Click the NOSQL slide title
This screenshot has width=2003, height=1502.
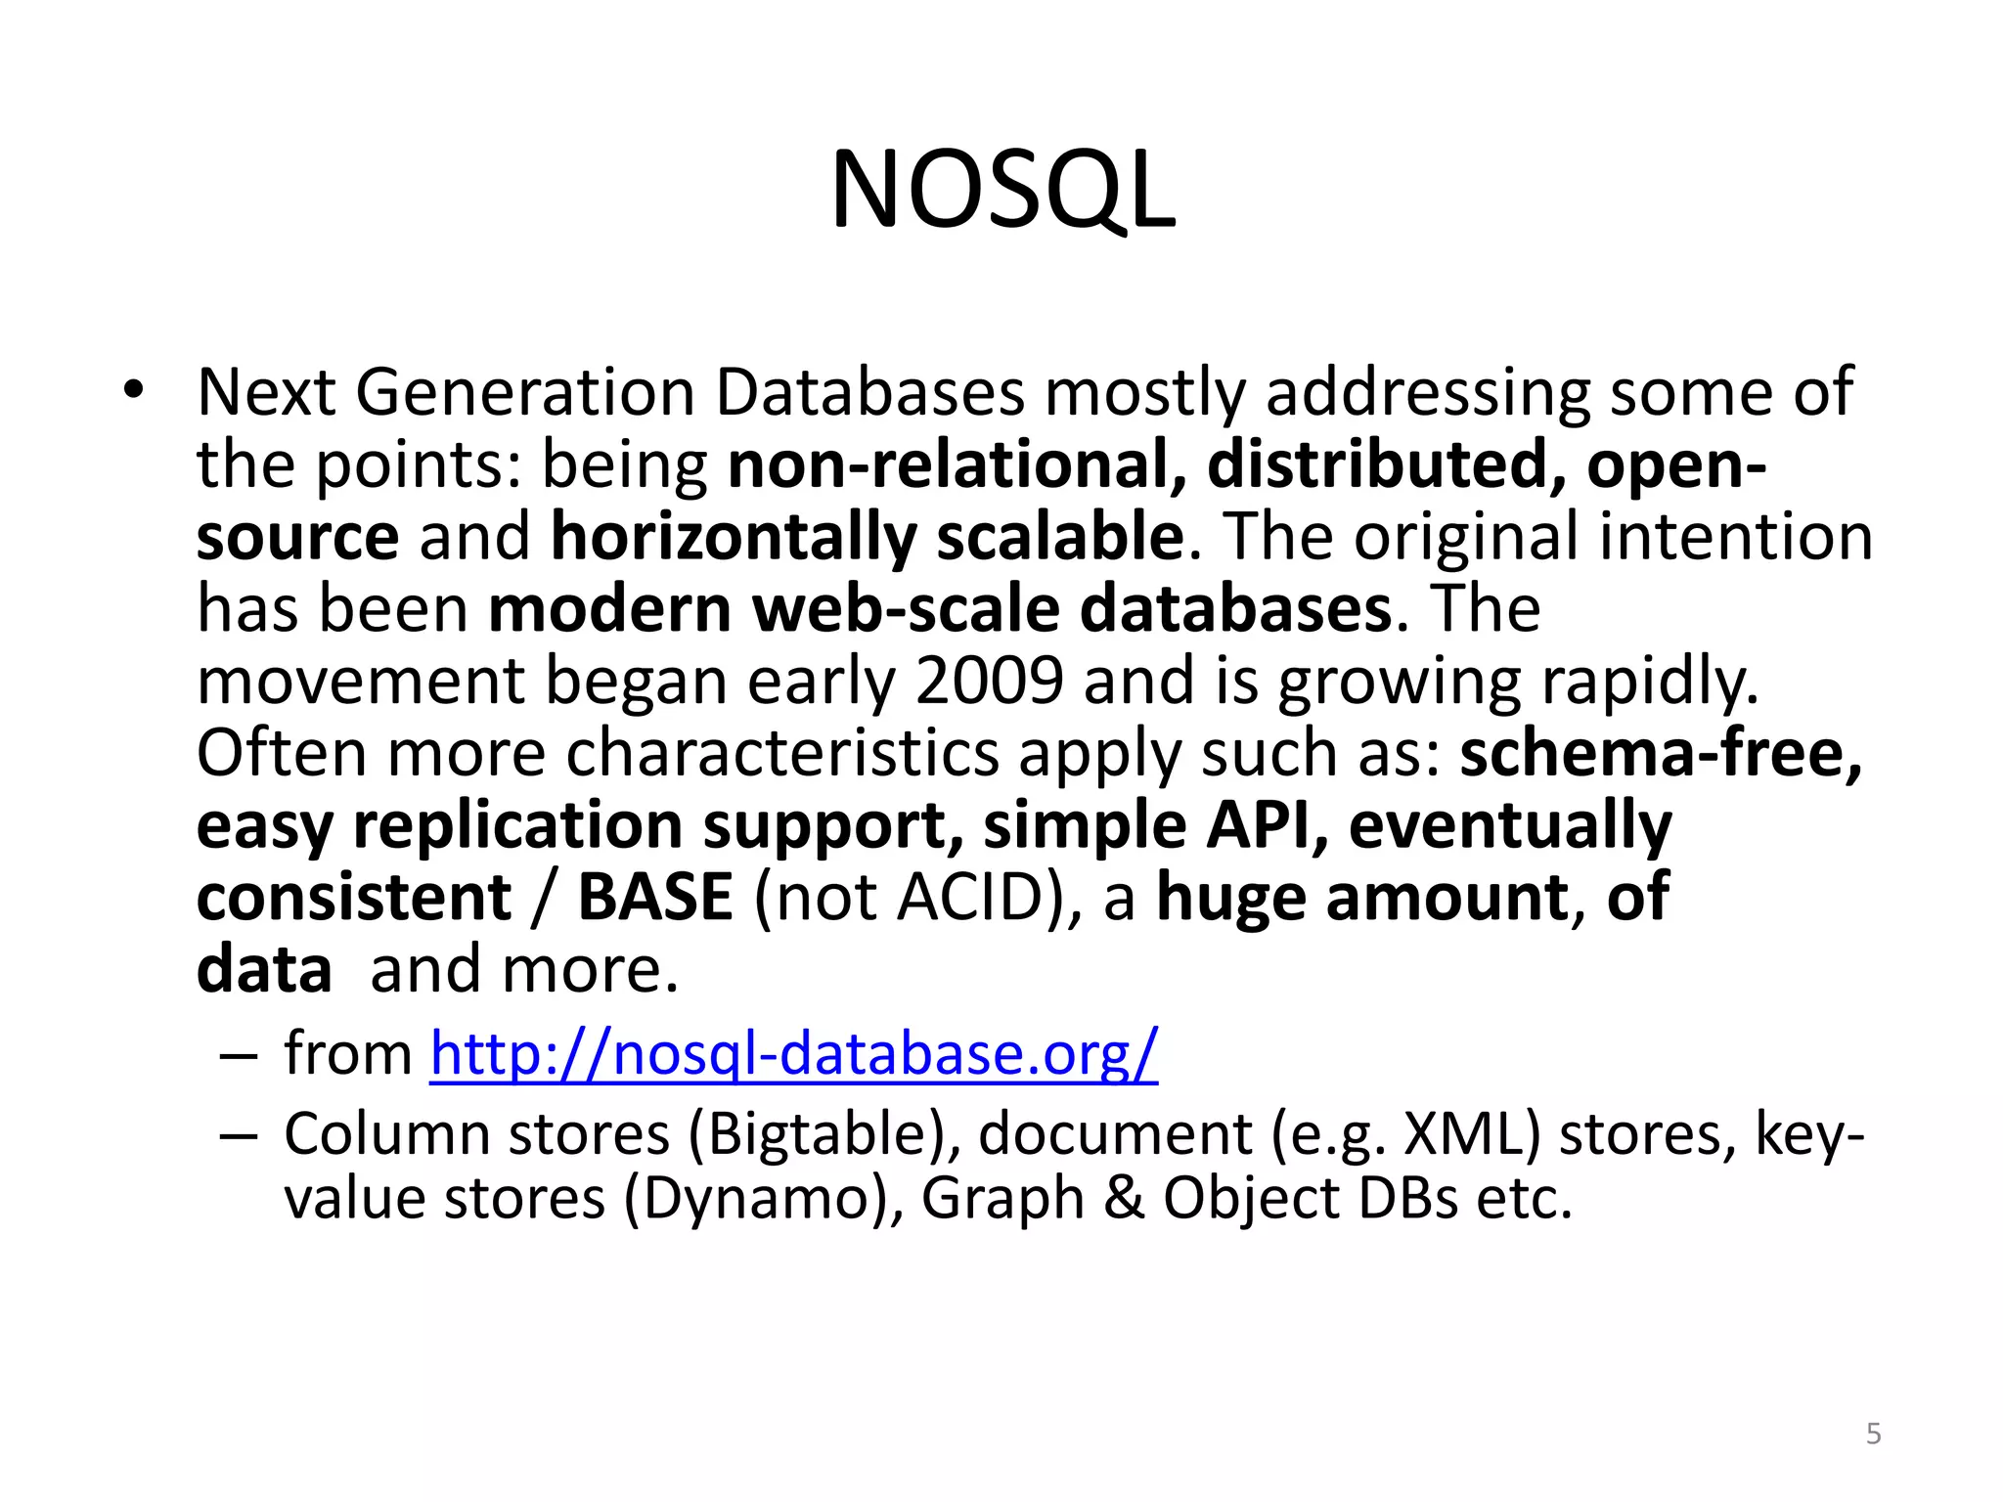pyautogui.click(x=1002, y=191)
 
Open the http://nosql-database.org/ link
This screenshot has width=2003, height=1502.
pyautogui.click(x=794, y=1054)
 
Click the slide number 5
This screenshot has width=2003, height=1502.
pyautogui.click(x=1873, y=1434)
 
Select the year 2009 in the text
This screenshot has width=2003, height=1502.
pyautogui.click(x=989, y=681)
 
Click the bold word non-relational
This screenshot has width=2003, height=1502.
pyautogui.click(x=956, y=465)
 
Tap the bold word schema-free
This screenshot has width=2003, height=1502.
pyautogui.click(x=1661, y=753)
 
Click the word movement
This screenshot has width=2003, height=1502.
pyautogui.click(x=361, y=681)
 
